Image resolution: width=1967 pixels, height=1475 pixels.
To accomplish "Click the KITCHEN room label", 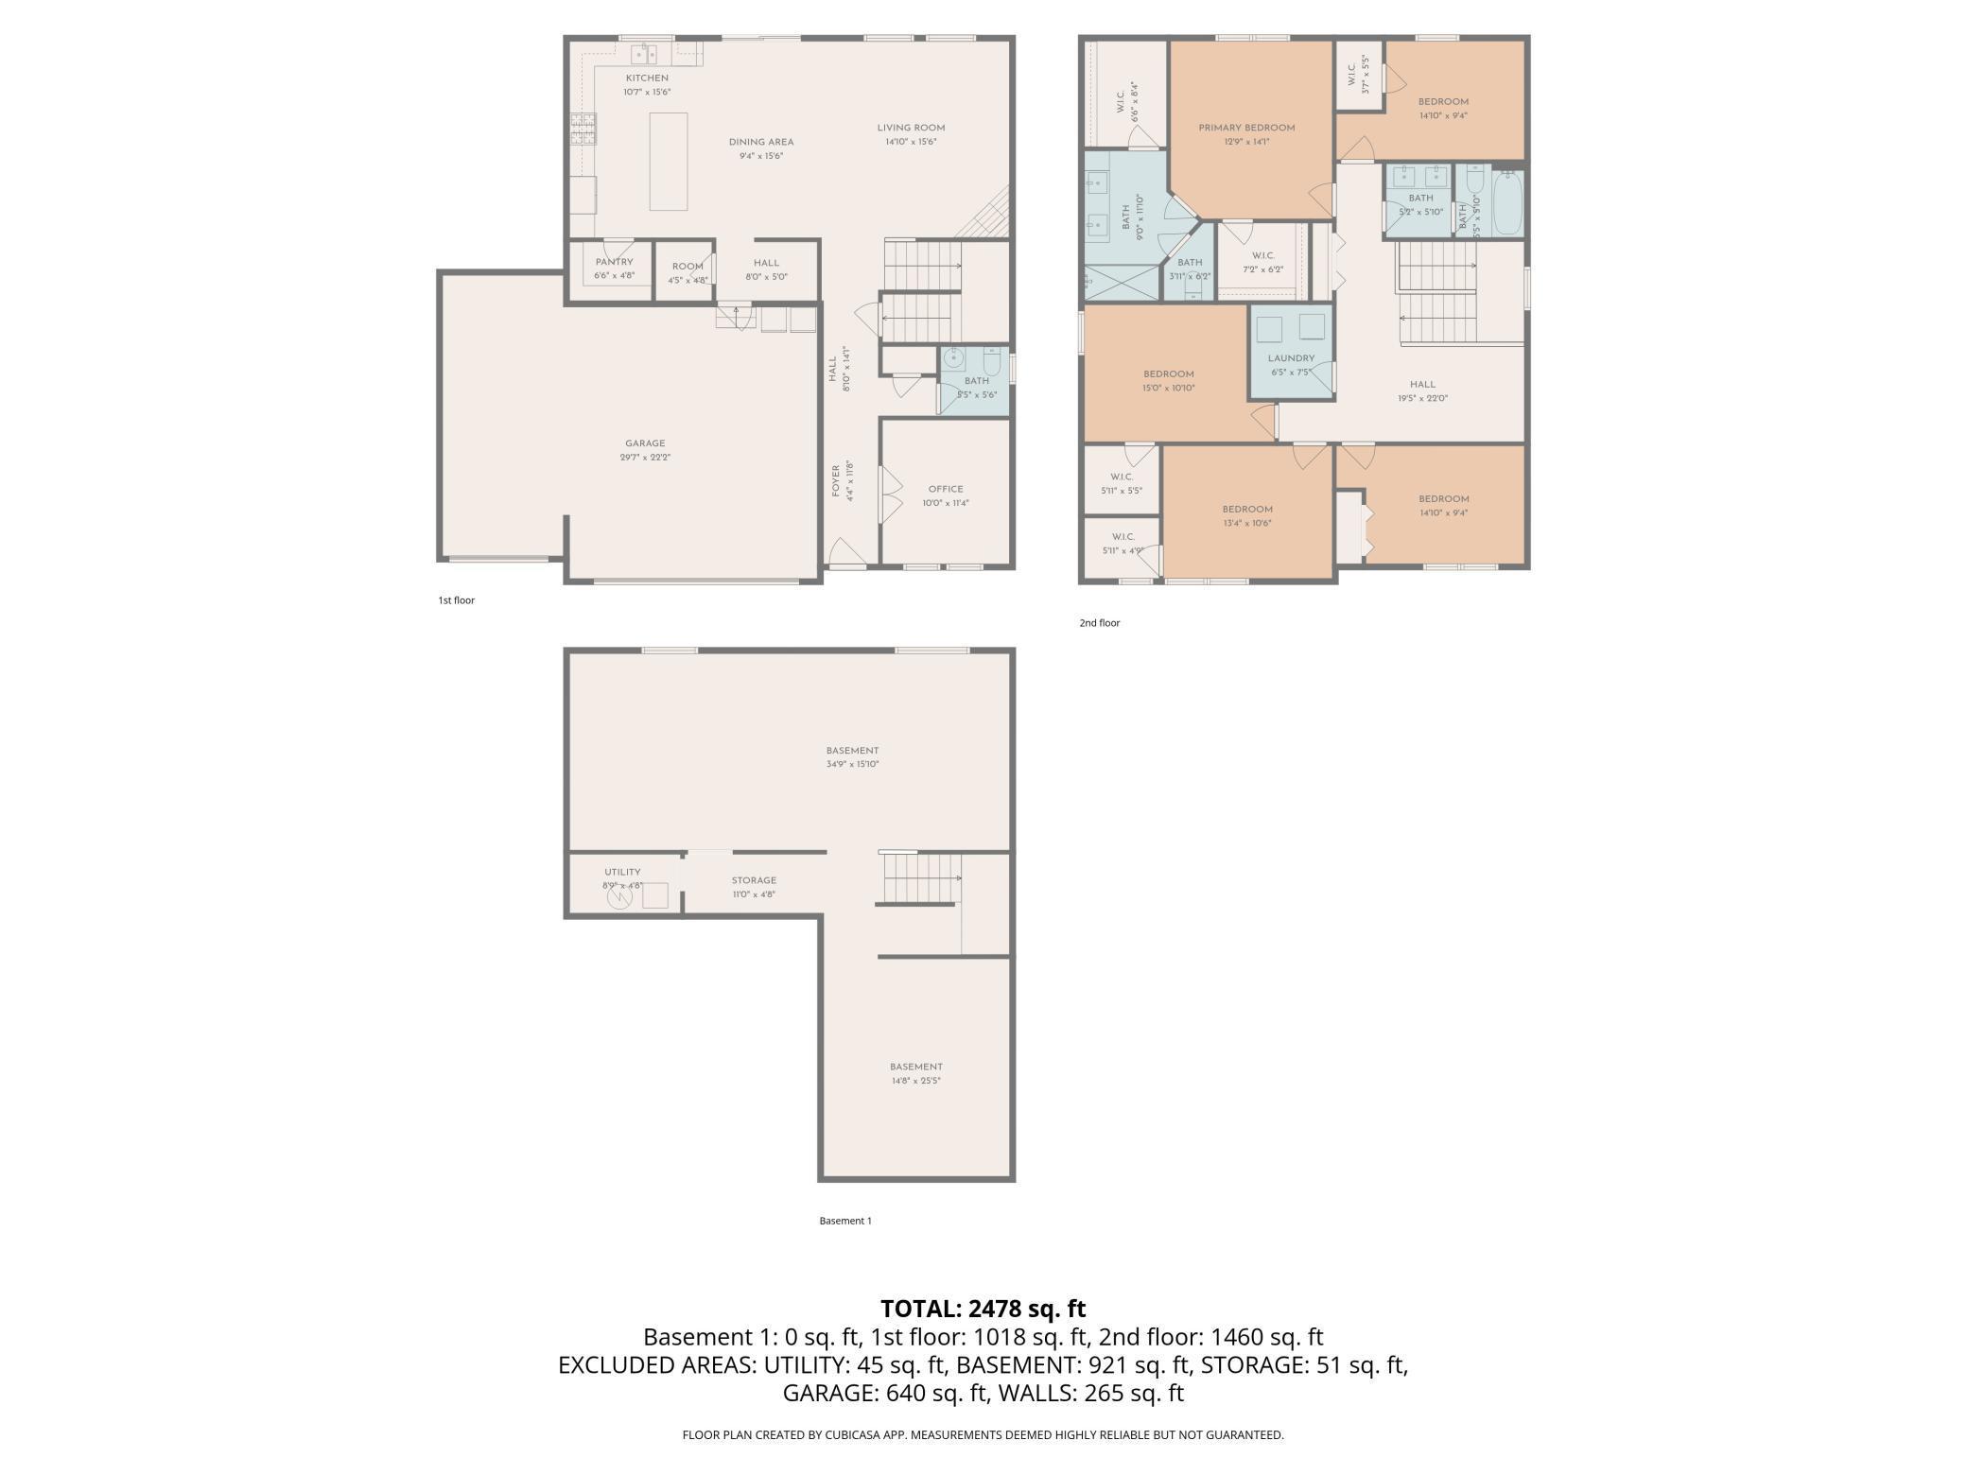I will point(647,78).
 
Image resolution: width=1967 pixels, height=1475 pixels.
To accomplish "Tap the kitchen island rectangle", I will point(668,161).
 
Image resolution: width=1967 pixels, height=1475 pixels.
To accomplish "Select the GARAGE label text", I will point(645,443).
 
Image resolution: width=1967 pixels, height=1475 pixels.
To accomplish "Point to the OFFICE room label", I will point(946,490).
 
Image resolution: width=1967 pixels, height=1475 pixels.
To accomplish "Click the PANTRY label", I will point(614,262).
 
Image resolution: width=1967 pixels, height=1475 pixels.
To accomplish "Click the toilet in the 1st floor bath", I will point(991,362).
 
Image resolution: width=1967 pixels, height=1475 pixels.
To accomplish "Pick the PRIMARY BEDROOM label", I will point(1246,128).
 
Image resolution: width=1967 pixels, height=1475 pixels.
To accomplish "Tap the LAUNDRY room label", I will point(1291,358).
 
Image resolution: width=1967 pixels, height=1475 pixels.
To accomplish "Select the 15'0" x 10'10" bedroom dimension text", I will point(1169,388).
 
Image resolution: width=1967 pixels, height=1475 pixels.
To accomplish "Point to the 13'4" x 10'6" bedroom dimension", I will point(1246,523).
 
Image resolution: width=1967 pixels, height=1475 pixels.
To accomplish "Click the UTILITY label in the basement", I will point(622,872).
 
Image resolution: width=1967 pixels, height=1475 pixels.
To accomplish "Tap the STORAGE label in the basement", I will point(754,880).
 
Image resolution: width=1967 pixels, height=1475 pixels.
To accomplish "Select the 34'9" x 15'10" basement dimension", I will point(852,764).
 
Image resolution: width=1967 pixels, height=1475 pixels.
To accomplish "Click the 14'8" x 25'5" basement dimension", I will point(915,1080).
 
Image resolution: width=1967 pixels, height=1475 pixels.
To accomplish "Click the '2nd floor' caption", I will point(1100,623).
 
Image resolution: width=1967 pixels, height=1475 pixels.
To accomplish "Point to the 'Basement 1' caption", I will point(845,1221).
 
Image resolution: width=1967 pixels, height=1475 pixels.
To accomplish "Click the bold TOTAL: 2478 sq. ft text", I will point(983,1309).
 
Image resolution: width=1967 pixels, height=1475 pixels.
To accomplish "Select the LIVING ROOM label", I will point(911,128).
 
